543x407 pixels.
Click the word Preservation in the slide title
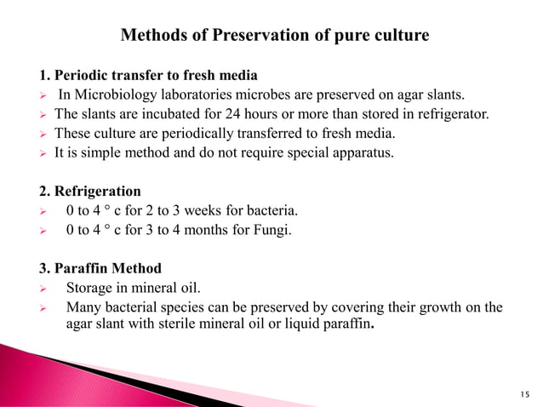[245, 36]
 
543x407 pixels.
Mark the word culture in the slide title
[402, 36]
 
